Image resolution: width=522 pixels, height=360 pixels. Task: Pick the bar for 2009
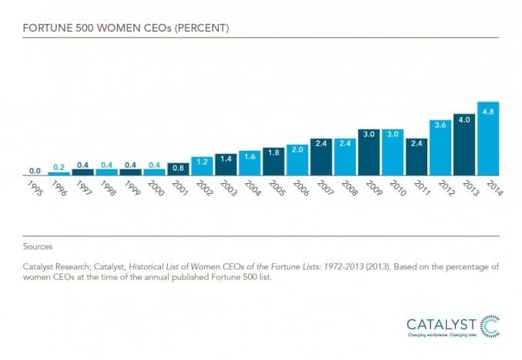369,152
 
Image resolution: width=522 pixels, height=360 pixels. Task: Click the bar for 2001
178,169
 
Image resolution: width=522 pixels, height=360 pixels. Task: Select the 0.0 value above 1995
35,171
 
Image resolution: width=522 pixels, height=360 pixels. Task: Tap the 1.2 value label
202,162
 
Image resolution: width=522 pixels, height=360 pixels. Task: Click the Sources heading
37,247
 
